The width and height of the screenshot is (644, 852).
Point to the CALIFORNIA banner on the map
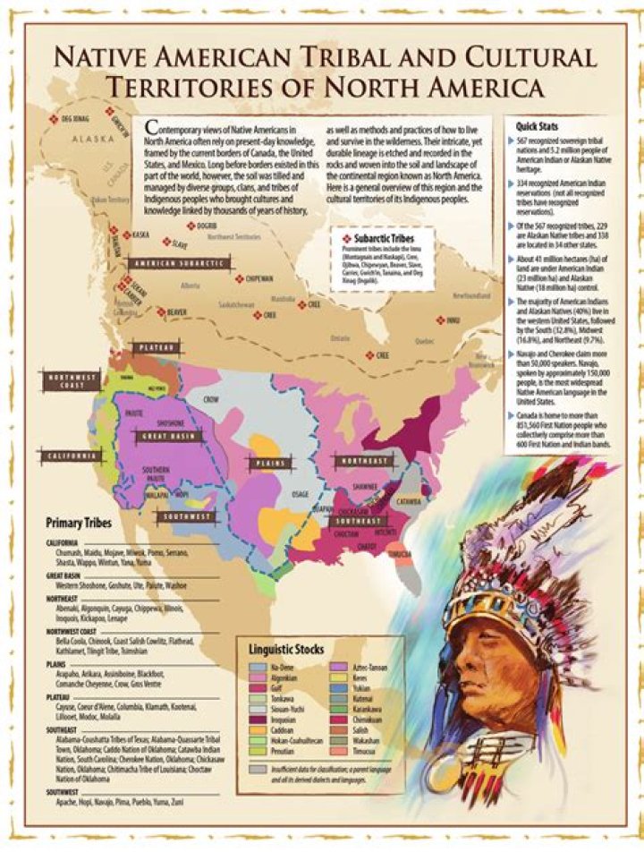click(x=68, y=456)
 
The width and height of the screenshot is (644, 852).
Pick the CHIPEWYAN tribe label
click(x=258, y=278)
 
